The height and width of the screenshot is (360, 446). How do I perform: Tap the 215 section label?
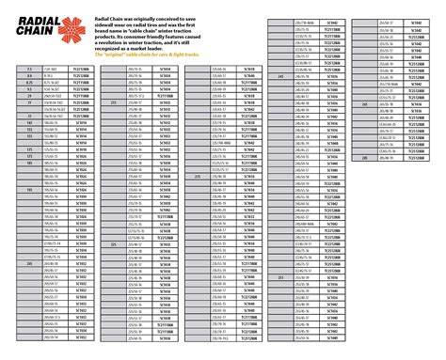113,102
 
